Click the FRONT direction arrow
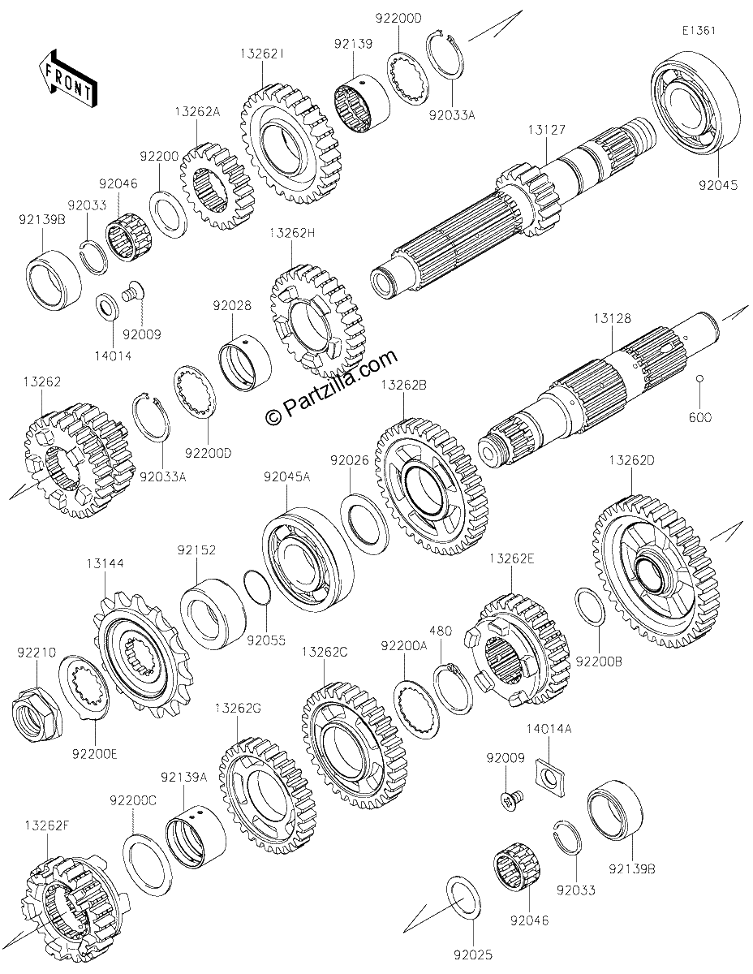point(68,80)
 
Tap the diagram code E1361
point(699,31)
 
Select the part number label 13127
point(547,130)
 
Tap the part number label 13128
point(613,319)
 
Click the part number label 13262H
point(292,233)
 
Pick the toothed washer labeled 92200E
point(84,687)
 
